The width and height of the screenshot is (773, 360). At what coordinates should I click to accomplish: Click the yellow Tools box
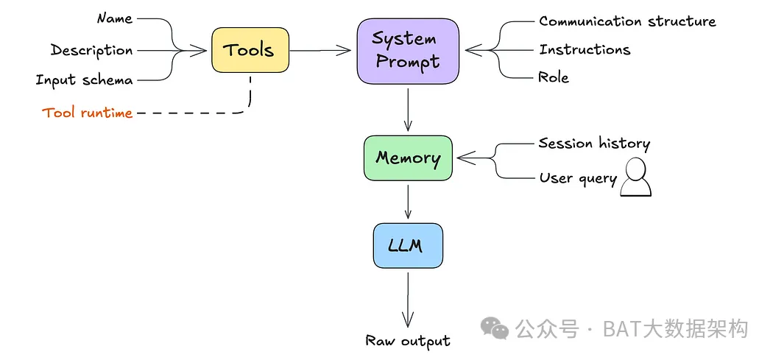(x=250, y=50)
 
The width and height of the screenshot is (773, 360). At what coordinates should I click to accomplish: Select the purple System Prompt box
(x=408, y=51)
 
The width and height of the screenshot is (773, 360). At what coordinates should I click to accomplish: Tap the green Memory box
(x=408, y=158)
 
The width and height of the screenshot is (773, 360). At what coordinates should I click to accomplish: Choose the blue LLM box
(x=408, y=246)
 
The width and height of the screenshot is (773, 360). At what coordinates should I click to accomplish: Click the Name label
(x=114, y=18)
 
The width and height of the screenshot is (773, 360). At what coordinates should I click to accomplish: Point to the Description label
(x=92, y=50)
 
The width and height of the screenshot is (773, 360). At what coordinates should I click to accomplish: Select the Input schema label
(x=85, y=80)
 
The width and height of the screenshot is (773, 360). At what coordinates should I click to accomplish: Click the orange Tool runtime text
(x=88, y=113)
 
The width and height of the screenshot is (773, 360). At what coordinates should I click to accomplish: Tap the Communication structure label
(x=627, y=21)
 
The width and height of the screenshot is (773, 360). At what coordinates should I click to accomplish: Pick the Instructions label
(x=585, y=49)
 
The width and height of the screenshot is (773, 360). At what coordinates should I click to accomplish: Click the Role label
(x=554, y=77)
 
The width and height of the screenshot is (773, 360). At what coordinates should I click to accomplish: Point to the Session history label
(x=594, y=144)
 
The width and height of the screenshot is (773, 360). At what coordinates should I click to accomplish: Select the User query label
(x=578, y=178)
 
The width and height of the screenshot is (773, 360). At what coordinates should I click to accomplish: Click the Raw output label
(x=408, y=341)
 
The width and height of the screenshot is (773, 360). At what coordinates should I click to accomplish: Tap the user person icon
(x=635, y=177)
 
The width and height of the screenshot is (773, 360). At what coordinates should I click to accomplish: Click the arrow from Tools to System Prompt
(x=320, y=50)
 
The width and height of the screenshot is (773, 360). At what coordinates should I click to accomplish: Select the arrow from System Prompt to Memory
(x=408, y=109)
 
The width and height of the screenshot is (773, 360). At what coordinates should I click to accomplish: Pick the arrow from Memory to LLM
(x=408, y=201)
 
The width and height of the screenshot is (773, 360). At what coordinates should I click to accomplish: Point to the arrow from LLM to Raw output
(x=408, y=300)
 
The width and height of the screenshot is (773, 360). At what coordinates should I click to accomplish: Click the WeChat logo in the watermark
(x=495, y=328)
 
